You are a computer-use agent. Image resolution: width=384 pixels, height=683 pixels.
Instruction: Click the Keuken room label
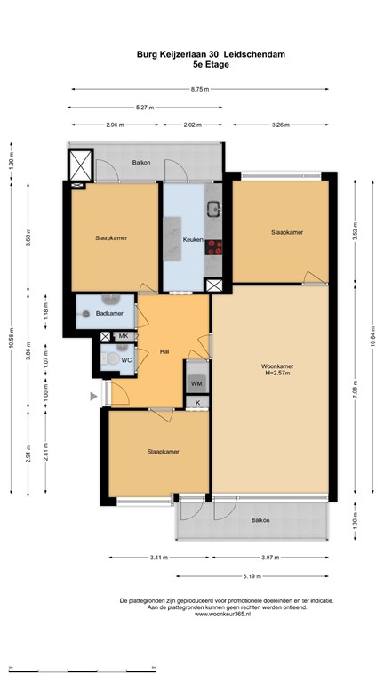[193, 240]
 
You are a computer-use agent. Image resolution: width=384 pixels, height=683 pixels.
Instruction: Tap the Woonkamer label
[278, 366]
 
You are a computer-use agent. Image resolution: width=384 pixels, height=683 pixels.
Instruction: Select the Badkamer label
[108, 314]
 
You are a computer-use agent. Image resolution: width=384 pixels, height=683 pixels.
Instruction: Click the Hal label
[164, 350]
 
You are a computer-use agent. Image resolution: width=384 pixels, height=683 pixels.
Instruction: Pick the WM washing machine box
[196, 383]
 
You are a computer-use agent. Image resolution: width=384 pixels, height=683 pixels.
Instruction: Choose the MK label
[124, 335]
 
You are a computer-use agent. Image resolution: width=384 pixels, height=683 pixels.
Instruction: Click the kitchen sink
[213, 210]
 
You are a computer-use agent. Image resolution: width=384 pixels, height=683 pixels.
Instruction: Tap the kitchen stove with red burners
[213, 249]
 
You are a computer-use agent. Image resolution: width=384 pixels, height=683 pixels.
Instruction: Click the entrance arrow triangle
[92, 397]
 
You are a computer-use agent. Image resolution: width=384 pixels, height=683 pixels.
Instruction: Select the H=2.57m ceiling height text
[278, 374]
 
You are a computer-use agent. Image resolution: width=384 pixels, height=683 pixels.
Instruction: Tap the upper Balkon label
[140, 163]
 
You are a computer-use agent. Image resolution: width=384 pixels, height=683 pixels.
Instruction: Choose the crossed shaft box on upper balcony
[81, 165]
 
